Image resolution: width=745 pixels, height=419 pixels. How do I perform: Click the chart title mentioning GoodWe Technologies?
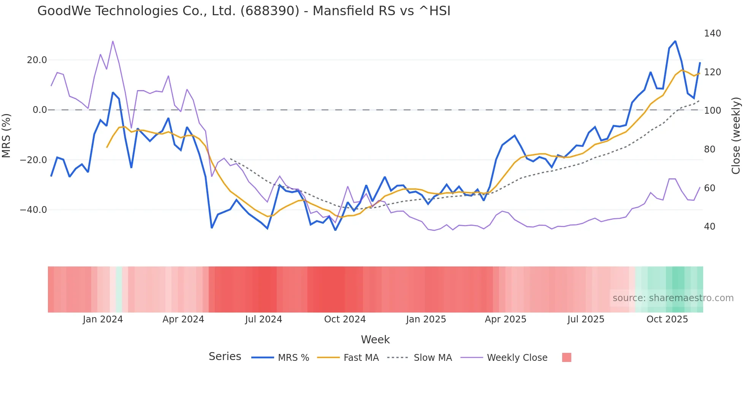click(244, 11)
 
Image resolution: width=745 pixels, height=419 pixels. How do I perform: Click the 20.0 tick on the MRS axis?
click(37, 60)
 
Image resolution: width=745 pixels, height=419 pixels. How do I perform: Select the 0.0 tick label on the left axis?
click(40, 110)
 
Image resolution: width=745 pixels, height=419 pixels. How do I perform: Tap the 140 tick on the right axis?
click(712, 33)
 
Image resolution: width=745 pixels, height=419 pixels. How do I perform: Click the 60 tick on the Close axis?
click(709, 188)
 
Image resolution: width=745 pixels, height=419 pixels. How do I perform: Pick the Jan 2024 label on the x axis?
click(103, 319)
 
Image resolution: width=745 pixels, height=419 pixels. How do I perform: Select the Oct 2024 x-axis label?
click(345, 319)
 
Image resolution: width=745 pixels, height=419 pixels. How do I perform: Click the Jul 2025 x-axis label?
click(586, 319)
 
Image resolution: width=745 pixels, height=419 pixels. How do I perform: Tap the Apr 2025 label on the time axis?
click(506, 319)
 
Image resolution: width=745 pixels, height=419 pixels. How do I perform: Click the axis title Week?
click(375, 340)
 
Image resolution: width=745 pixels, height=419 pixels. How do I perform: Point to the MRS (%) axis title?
click(6, 136)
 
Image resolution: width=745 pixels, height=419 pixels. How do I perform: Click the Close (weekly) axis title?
click(736, 136)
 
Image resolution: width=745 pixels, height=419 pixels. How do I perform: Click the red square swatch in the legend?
click(566, 358)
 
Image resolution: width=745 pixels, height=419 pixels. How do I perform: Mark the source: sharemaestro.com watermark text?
click(673, 298)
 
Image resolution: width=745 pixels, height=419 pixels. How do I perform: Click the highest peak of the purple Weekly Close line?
click(113, 41)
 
